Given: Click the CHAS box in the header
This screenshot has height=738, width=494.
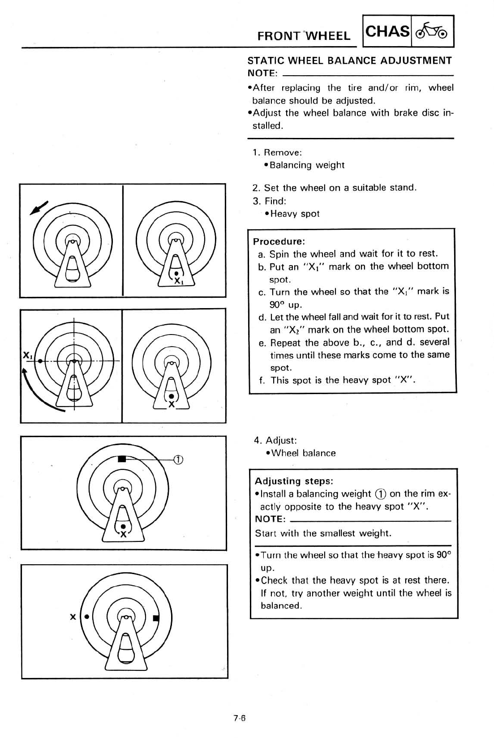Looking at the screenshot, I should tap(388, 31).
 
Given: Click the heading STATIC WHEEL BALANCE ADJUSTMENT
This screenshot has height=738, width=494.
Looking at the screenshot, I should tap(350, 60).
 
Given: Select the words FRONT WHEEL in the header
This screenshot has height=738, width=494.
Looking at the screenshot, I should tap(304, 36).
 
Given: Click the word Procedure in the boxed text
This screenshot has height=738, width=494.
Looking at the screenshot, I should tap(279, 242).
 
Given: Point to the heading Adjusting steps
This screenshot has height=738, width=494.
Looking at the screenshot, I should tap(294, 481).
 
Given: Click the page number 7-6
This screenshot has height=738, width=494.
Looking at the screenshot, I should tap(240, 718).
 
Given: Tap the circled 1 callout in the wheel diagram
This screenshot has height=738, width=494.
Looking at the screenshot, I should tap(178, 459).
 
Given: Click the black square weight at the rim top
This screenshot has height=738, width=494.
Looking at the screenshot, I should tap(121, 459).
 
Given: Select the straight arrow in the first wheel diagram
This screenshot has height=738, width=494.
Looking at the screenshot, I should tap(39, 208).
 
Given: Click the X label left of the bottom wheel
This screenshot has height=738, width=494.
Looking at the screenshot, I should tap(73, 617).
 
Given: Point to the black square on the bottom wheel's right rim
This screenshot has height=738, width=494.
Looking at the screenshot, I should tap(155, 618).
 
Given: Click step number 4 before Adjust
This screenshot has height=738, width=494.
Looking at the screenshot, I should tap(257, 440).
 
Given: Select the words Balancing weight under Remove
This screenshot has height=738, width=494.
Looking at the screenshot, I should tap(307, 165).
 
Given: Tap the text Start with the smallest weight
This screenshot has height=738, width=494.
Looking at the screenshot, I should tap(323, 533).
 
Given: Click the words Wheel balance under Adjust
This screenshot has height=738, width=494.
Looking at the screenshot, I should tap(303, 453).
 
